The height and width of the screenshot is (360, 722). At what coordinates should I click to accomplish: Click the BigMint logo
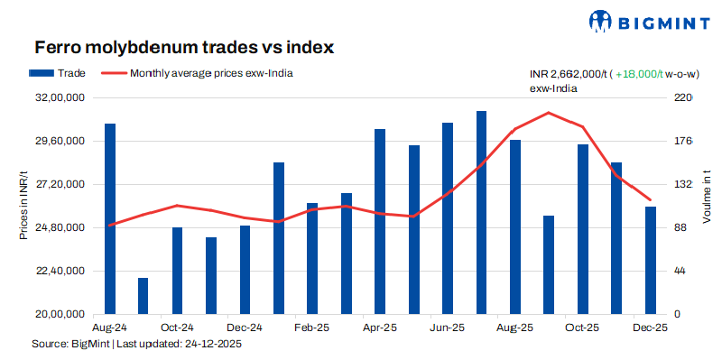tap(647, 21)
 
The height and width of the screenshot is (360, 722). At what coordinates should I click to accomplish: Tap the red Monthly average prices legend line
tap(113, 73)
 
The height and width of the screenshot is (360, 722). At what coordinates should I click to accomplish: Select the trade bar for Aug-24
tap(109, 218)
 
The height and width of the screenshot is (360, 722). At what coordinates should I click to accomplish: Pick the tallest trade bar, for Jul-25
tap(481, 212)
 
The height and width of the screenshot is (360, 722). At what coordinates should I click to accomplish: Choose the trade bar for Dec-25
tap(651, 260)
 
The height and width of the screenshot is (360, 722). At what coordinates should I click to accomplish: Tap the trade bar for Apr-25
tap(380, 221)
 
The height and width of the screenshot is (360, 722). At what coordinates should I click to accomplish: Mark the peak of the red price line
tap(549, 113)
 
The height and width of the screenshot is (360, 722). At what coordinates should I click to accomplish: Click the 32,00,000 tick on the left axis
tap(59, 97)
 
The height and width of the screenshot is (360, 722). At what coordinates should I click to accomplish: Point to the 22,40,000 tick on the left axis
tap(59, 271)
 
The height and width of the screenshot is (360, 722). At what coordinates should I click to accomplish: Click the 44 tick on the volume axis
tap(682, 271)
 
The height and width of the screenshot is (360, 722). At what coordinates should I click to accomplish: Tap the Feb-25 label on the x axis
tap(312, 328)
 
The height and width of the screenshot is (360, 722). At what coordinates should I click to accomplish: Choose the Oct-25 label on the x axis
tap(583, 328)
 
